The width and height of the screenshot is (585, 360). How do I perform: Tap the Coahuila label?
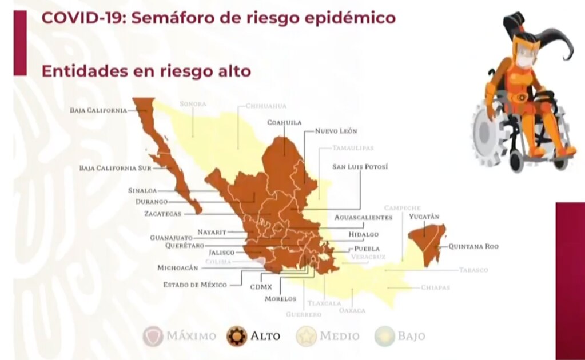click(x=284, y=122)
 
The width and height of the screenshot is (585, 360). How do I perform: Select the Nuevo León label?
click(x=336, y=131)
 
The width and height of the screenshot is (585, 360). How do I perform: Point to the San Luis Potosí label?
click(x=360, y=167)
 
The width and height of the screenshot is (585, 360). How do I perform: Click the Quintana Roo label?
click(x=473, y=247)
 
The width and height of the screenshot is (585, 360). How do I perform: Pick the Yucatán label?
click(x=424, y=217)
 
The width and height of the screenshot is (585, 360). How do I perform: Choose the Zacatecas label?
click(x=162, y=214)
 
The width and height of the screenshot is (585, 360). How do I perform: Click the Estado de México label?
click(x=195, y=285)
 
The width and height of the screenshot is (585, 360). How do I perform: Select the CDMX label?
click(x=261, y=287)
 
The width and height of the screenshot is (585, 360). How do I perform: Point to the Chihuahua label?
click(x=266, y=106)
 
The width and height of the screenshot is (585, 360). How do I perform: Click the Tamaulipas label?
click(x=353, y=148)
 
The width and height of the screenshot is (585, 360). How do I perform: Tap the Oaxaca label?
click(x=352, y=310)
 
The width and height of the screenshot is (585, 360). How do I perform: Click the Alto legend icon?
click(x=236, y=336)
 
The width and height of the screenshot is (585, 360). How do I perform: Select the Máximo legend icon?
click(x=153, y=336)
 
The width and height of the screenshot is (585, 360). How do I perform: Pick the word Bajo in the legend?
click(x=411, y=336)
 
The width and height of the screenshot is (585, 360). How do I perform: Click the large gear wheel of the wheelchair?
click(x=486, y=134)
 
